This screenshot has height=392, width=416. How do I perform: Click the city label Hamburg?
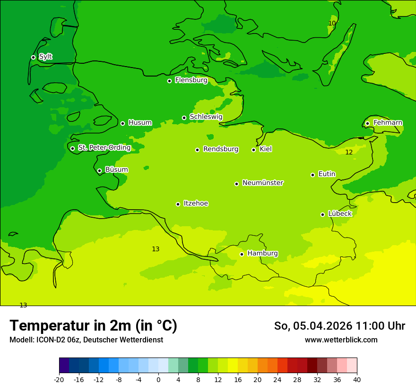[262, 253]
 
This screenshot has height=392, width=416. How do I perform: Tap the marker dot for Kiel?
[253, 150]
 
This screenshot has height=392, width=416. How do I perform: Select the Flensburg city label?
[191, 80]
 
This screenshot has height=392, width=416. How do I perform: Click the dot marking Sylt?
[33, 57]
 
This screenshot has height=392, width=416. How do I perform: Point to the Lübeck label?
[339, 213]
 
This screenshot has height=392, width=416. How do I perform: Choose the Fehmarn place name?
[388, 123]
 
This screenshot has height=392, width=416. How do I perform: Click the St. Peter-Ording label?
[104, 147]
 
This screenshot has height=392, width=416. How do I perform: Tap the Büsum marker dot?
[99, 170]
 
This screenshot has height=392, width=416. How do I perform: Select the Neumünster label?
[262, 183]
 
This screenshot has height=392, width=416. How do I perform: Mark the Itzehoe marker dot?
[178, 204]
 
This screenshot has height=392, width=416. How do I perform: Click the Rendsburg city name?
[220, 149]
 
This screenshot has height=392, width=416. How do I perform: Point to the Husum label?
[140, 123]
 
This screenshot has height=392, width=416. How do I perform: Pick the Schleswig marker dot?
[184, 118]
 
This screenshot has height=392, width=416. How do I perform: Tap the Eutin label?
[327, 174]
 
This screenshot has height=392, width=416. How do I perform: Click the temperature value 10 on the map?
[332, 23]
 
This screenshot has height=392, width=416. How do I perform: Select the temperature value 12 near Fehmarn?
[349, 152]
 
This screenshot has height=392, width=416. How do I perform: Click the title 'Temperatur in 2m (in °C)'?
[93, 326]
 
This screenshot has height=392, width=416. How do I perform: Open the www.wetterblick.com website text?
[341, 340]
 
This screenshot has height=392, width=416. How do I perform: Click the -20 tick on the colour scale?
[59, 380]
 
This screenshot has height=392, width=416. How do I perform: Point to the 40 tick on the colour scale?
[357, 380]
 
